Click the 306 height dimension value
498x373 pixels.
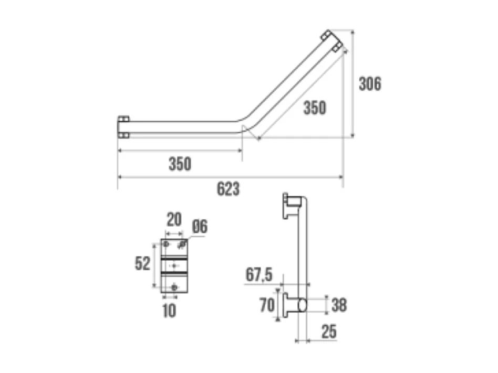pyautogui.click(x=370, y=84)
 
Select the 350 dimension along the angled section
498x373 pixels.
pyautogui.click(x=315, y=108)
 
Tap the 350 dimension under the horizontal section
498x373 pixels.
pyautogui.click(x=180, y=164)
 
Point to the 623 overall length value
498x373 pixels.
pyautogui.click(x=228, y=189)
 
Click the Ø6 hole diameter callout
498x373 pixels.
pyautogui.click(x=200, y=227)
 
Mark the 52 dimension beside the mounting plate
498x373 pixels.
pyautogui.click(x=142, y=264)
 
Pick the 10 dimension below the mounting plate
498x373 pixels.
pyautogui.click(x=169, y=311)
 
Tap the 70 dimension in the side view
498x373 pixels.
pyautogui.click(x=267, y=305)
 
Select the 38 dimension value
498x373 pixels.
pyautogui.click(x=339, y=305)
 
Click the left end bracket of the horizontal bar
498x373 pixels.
pyautogui.click(x=123, y=127)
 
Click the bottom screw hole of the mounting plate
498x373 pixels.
pyautogui.click(x=175, y=286)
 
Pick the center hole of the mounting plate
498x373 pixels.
pyautogui.click(x=174, y=266)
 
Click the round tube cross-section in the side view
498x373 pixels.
pyautogui.click(x=303, y=304)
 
